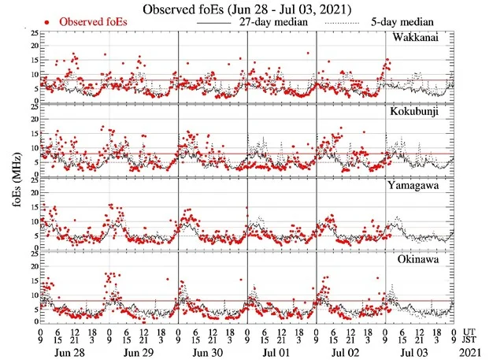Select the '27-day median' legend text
pyautogui.click(x=276, y=22)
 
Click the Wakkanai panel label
pyautogui.click(x=421, y=38)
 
